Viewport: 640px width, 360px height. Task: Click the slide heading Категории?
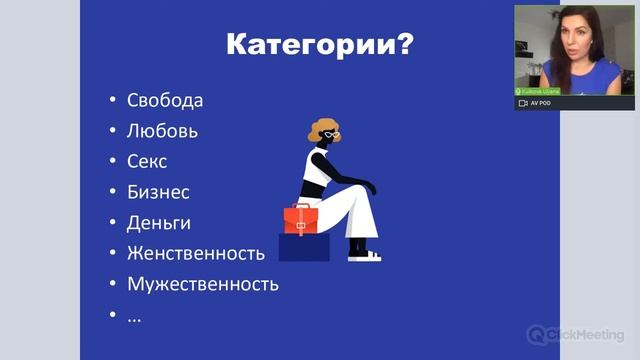(x=319, y=46)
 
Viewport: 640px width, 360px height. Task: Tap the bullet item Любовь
(x=163, y=130)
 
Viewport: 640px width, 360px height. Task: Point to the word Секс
(x=147, y=161)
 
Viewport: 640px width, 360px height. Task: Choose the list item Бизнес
(x=158, y=192)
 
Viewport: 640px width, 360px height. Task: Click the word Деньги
(x=159, y=222)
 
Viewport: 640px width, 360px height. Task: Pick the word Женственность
(x=196, y=252)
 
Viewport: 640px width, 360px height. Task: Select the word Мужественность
(x=203, y=283)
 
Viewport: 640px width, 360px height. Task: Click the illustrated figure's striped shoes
(x=365, y=255)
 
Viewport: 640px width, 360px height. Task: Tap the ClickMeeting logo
(x=575, y=334)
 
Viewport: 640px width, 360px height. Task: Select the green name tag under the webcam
(x=539, y=91)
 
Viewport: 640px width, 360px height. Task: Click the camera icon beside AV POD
(x=522, y=103)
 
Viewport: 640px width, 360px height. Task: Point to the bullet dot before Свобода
(x=113, y=100)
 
